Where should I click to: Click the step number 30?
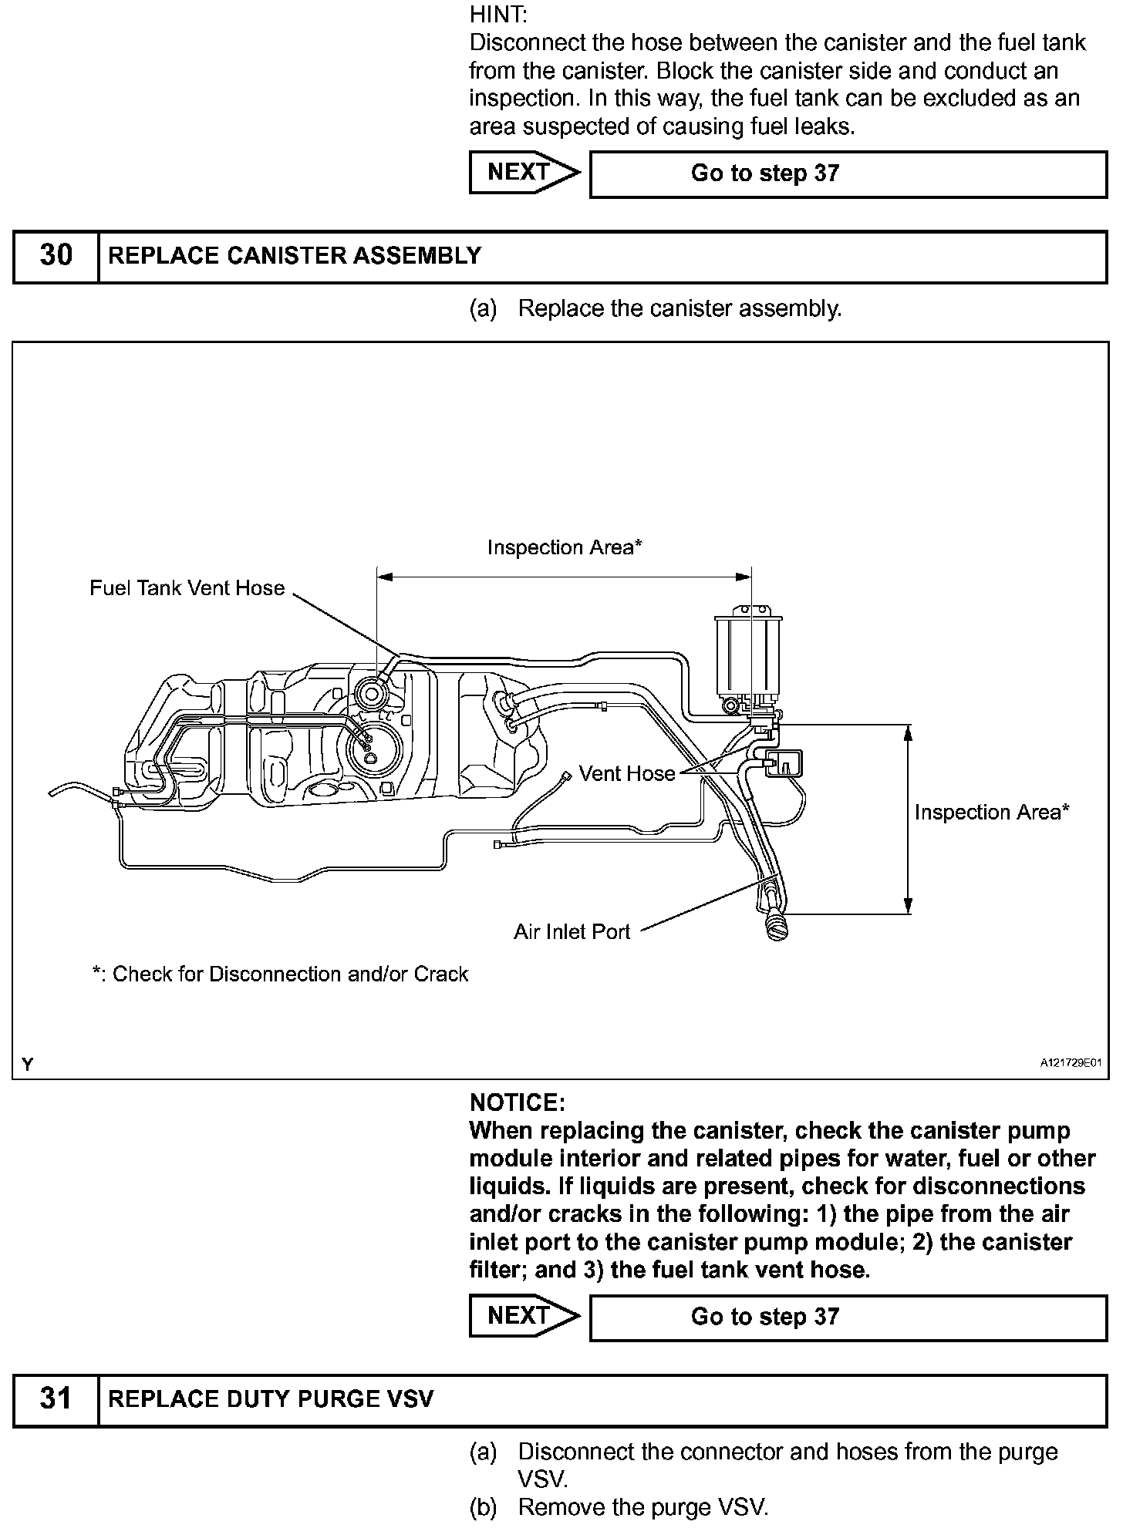tap(56, 255)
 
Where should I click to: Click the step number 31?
tap(56, 1398)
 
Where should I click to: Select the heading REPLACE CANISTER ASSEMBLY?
tap(295, 255)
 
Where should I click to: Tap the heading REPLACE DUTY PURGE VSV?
tap(271, 1398)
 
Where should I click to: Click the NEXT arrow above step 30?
tap(524, 172)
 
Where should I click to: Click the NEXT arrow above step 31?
tap(524, 1315)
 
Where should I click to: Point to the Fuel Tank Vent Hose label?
tap(187, 588)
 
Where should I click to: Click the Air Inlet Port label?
tap(572, 932)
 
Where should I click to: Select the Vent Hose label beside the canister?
tap(627, 773)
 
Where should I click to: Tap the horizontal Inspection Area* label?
tap(565, 547)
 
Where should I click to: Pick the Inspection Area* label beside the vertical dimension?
tap(992, 812)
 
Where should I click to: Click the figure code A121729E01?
tap(1071, 1063)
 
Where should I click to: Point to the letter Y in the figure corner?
tap(28, 1065)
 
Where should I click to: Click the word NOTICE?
tap(517, 1102)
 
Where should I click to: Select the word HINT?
tap(498, 15)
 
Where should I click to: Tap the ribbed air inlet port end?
tap(776, 924)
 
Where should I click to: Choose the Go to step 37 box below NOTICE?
tap(848, 1316)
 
